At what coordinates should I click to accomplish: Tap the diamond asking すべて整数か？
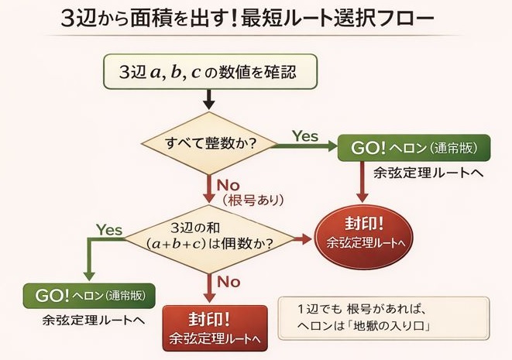[x=209, y=144]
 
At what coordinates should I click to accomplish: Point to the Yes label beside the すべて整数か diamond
[x=305, y=136]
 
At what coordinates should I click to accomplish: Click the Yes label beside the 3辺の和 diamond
[x=110, y=229]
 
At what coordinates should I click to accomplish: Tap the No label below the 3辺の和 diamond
[x=229, y=282]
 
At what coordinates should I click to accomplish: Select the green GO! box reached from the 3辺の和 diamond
[x=90, y=296]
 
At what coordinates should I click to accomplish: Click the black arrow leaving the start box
[x=208, y=99]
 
